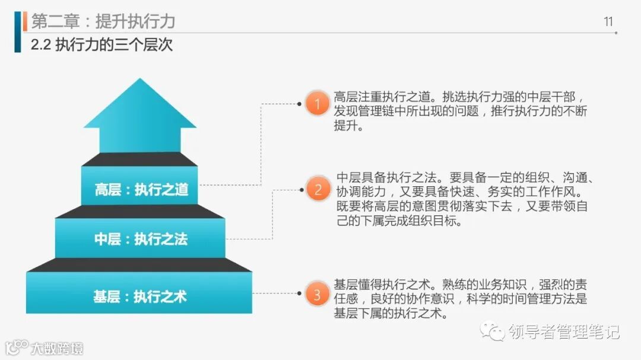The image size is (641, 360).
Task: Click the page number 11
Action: [608, 22]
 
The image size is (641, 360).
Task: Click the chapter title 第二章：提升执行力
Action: [103, 21]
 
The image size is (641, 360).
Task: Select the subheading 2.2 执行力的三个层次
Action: [101, 45]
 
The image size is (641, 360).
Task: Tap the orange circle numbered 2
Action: [318, 190]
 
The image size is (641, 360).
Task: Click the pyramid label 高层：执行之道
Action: [141, 189]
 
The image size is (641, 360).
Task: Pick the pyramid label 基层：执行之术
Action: [140, 296]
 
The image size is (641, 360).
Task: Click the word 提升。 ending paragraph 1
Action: [348, 126]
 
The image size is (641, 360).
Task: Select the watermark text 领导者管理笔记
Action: [563, 332]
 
